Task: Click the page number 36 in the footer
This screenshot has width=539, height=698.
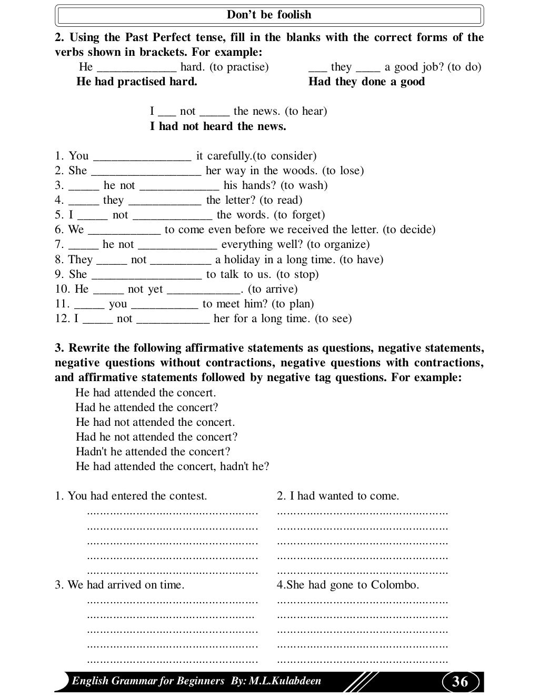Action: tap(460, 682)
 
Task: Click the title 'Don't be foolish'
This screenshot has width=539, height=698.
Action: tap(269, 15)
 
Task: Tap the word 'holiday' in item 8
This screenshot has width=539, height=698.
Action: tap(243, 260)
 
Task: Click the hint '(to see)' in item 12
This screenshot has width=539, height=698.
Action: tap(333, 318)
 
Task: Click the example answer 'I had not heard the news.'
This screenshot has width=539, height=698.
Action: tap(218, 126)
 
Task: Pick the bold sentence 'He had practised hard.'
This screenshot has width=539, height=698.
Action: tap(137, 82)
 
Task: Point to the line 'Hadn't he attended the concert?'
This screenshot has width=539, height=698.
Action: tap(153, 452)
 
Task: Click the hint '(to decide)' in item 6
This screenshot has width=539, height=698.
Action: tap(409, 230)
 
